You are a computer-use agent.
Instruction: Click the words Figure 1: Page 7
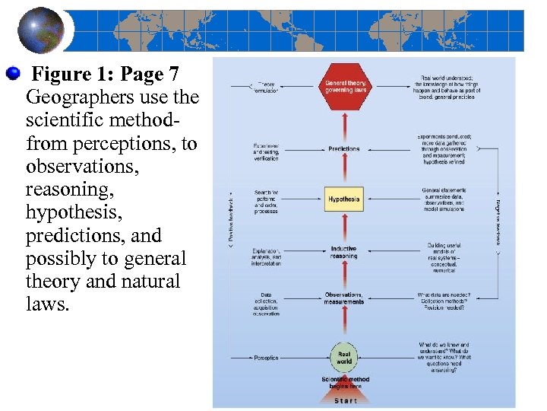(106, 75)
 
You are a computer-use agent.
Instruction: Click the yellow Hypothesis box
(343, 199)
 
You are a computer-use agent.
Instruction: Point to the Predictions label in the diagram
(344, 148)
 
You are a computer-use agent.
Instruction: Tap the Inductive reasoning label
(343, 253)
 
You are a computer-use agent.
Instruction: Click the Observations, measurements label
(344, 298)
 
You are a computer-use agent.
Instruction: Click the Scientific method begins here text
(345, 382)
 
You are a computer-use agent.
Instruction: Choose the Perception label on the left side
(267, 358)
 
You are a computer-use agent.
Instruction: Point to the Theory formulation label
(267, 88)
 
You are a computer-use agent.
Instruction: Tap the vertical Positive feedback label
(231, 216)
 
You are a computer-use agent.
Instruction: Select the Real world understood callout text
(446, 88)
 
